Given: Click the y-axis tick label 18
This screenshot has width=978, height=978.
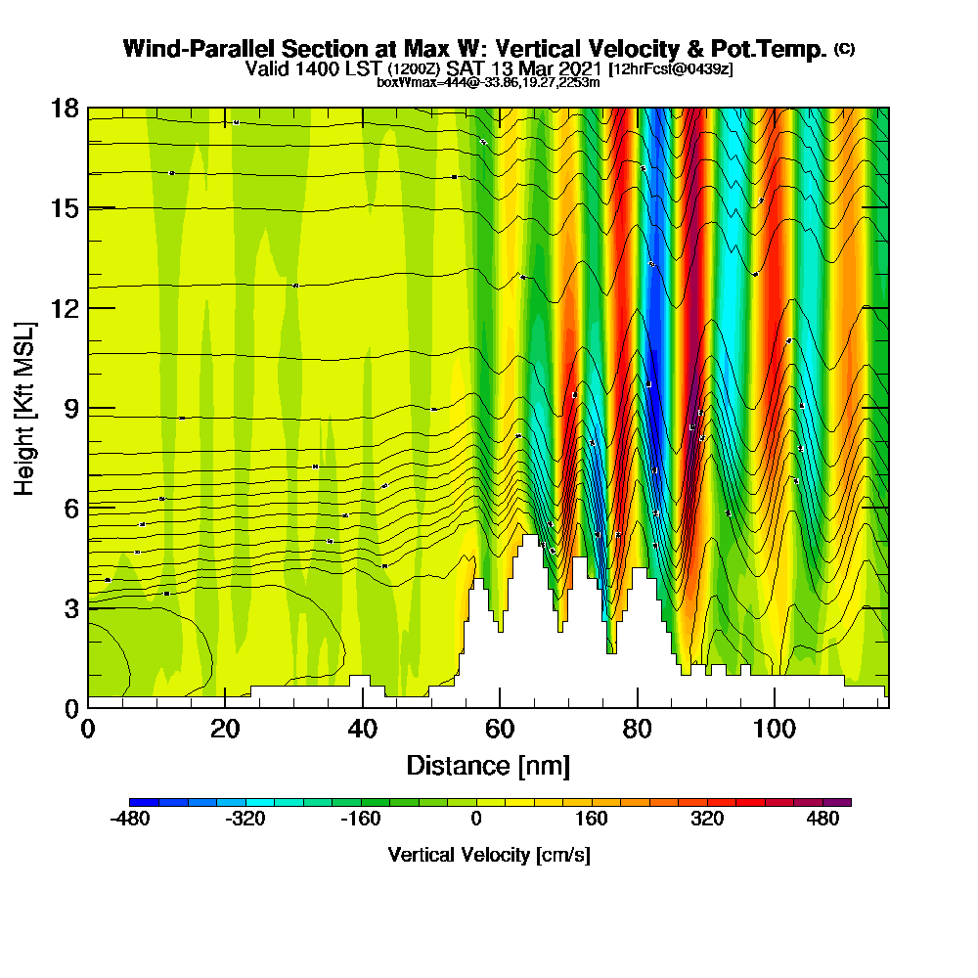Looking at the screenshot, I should tap(65, 108).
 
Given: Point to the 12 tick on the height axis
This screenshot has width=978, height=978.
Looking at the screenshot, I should tap(65, 308).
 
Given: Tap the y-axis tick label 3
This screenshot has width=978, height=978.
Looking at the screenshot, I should tap(70, 608).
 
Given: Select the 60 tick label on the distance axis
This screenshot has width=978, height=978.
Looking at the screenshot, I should tap(500, 730).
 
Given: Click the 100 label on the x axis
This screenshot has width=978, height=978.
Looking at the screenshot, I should tap(775, 730).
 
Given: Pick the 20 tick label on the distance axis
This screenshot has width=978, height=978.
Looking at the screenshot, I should tap(225, 730).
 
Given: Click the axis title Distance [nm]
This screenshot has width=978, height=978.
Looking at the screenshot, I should tap(488, 765).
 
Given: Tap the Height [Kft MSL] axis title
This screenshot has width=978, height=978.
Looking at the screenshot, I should tap(25, 408).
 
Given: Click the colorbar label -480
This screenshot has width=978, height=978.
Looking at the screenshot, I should tap(130, 820).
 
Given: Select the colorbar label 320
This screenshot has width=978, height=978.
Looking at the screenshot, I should tap(706, 820).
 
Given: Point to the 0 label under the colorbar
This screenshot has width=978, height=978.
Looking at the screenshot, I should tap(476, 820).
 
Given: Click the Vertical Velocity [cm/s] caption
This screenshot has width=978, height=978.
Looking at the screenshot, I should tap(489, 855).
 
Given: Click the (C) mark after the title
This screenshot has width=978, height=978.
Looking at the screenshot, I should tap(844, 49).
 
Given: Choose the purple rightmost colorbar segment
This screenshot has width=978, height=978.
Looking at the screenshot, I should tap(842, 802).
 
